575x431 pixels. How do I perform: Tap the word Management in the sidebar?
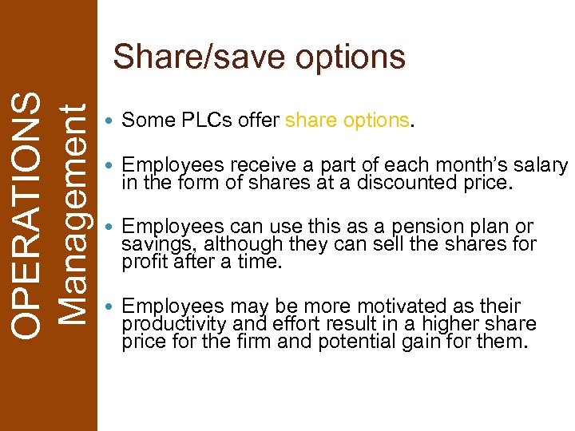pos(73,215)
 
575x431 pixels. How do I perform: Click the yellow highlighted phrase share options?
pos(347,121)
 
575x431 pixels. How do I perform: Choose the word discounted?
pos(413,182)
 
